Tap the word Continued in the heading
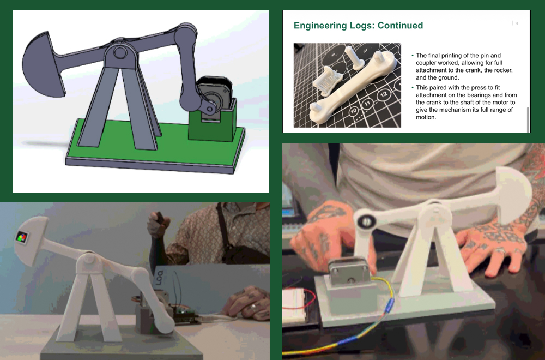(396, 26)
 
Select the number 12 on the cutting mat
(384, 95)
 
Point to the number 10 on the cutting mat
(354, 112)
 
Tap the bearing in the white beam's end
(365, 221)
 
